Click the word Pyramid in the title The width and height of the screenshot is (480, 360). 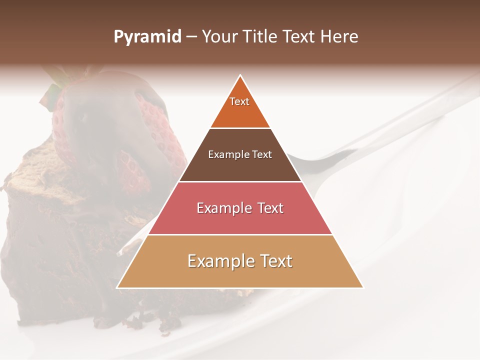point(147,37)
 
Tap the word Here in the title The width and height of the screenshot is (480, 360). point(339,36)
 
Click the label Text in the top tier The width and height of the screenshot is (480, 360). point(239,101)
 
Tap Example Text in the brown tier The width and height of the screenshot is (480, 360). point(240,154)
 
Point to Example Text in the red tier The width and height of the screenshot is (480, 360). point(240,208)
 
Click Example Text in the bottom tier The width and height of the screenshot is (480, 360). point(240,261)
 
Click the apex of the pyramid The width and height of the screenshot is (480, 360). point(240,75)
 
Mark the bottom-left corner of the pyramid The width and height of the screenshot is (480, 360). point(117,287)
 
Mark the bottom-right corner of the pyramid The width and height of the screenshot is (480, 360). point(362,287)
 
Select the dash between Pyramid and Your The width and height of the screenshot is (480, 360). point(191,37)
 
